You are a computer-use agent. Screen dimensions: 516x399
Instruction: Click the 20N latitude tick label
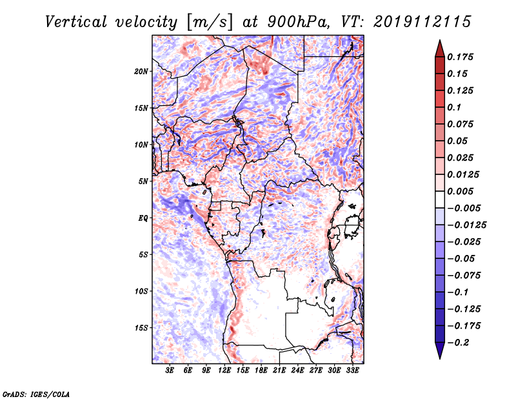point(141,72)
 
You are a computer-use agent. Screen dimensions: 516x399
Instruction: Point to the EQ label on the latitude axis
point(143,218)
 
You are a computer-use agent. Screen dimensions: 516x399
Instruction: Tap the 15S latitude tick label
point(141,328)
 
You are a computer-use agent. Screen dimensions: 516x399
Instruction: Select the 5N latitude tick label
point(143,181)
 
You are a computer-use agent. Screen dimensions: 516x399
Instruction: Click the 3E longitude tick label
point(170,371)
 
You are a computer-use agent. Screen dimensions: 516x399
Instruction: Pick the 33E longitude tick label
point(352,371)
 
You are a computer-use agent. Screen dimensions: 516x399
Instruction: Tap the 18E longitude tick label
point(261,371)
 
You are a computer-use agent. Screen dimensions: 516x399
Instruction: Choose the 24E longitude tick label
point(297,371)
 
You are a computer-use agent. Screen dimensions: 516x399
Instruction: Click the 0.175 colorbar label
point(461,57)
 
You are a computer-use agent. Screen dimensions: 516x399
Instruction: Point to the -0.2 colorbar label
point(459,343)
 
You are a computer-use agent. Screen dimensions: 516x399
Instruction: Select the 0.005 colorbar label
point(461,191)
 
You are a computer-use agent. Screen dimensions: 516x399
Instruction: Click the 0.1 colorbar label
point(454,107)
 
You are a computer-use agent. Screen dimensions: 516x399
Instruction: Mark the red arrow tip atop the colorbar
point(440,40)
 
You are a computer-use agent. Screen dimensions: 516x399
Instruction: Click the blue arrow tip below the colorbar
point(440,359)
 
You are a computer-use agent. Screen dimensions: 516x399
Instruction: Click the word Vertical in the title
point(76,22)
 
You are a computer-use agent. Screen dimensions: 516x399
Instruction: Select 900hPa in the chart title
point(298,22)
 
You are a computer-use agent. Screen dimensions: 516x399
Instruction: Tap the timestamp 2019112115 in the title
point(422,22)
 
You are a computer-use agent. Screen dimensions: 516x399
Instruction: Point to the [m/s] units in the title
point(210,23)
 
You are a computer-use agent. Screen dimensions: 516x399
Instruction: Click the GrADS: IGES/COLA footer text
point(36,394)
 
